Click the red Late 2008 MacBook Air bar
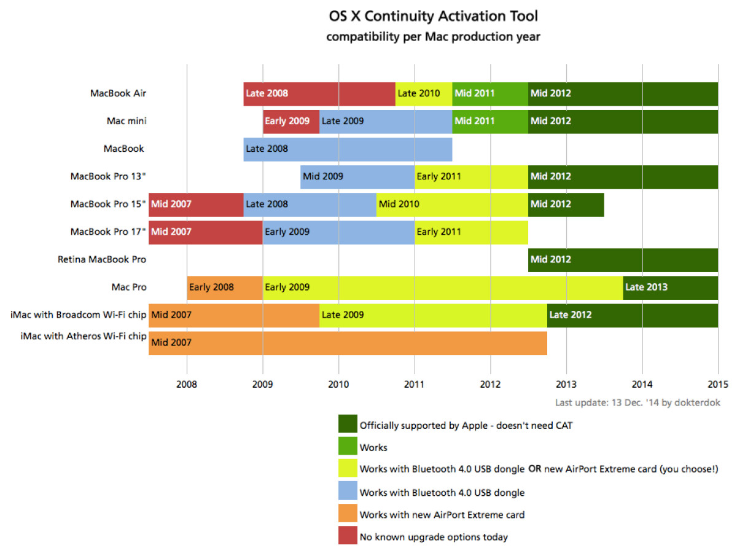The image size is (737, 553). (x=319, y=93)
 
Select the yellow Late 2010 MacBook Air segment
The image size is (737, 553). (x=424, y=93)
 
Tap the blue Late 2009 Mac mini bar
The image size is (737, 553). (x=386, y=121)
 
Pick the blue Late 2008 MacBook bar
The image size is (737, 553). (x=348, y=149)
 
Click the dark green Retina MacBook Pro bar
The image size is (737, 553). (x=623, y=259)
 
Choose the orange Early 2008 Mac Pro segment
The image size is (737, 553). (x=225, y=287)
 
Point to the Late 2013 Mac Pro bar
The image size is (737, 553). (x=670, y=287)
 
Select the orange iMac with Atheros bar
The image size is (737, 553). (x=348, y=342)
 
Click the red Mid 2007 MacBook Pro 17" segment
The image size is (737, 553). (x=206, y=232)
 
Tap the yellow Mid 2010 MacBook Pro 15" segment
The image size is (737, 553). (x=452, y=204)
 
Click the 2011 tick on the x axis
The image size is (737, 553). (x=415, y=385)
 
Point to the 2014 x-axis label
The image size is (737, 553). (x=642, y=385)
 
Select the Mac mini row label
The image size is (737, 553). (x=127, y=121)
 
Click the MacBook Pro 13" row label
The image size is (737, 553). (x=108, y=176)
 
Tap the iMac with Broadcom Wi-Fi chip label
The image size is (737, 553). (x=78, y=315)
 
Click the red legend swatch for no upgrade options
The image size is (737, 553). (x=348, y=536)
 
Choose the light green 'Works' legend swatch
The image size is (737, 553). (x=348, y=447)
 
